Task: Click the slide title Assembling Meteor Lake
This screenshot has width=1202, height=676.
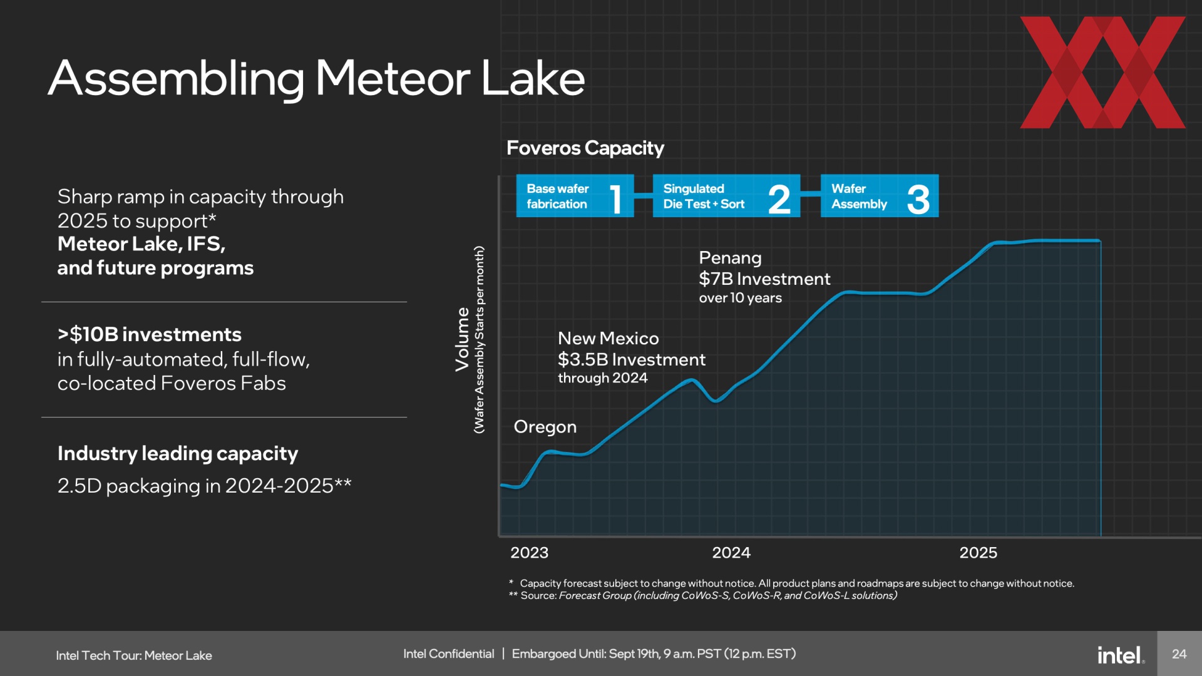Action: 316,79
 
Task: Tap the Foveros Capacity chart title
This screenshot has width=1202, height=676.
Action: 585,148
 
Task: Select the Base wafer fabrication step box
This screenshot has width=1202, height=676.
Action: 575,196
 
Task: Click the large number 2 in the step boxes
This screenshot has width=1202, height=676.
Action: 779,199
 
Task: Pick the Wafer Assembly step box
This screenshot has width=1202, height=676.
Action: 880,196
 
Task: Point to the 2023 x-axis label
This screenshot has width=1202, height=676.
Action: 529,553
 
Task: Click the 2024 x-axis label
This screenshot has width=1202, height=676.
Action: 731,553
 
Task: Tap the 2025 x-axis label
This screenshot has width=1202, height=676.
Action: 979,553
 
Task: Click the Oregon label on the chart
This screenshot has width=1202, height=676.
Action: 545,428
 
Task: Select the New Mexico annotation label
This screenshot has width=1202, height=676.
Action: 609,339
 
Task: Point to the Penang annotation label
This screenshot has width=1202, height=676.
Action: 730,259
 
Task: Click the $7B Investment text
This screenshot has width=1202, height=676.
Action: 764,279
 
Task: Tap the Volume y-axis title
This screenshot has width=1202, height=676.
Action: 462,339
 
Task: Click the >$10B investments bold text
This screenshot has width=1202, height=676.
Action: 150,335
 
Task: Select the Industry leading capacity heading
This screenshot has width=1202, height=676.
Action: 178,454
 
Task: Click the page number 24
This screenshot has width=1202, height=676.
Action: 1179,654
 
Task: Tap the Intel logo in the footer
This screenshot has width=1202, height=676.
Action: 1121,655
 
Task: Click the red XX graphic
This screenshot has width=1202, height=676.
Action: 1102,73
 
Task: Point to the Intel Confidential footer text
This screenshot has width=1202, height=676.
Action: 448,654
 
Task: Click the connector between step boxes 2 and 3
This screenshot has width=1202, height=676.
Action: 810,194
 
